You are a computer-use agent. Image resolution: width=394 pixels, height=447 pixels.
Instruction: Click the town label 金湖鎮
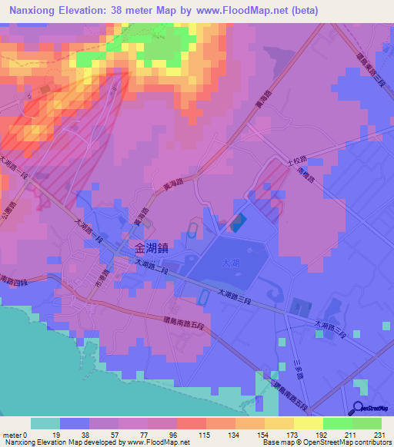[x=151, y=248]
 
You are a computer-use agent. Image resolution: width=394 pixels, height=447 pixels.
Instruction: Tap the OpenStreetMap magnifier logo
[x=359, y=407]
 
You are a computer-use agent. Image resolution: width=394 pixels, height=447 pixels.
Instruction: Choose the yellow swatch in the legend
[x=309, y=423]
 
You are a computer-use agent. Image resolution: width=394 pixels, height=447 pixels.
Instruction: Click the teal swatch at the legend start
[x=45, y=423]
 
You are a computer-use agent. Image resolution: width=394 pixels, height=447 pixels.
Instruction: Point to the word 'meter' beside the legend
[x=12, y=435]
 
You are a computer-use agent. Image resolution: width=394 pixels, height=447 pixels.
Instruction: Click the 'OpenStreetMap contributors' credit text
[x=347, y=442]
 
